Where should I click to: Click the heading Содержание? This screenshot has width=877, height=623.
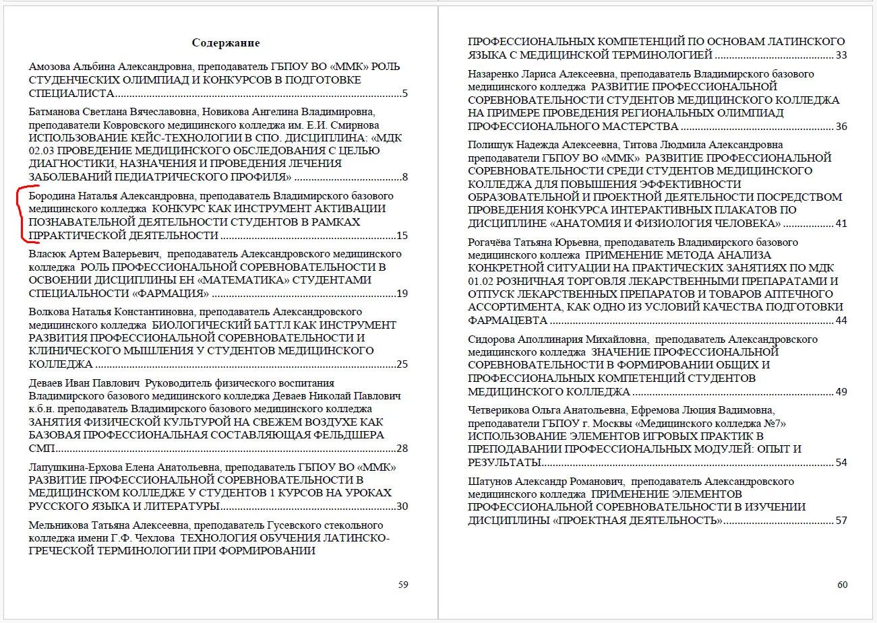(226, 43)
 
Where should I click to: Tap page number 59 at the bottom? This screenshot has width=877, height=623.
(403, 585)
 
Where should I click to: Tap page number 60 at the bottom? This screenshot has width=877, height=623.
(842, 585)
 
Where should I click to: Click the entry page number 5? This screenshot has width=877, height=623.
(404, 94)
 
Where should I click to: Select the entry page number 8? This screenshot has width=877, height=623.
(404, 178)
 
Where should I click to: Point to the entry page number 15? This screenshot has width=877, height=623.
(402, 236)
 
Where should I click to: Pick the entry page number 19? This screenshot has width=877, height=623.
(402, 294)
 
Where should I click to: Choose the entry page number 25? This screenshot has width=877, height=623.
(402, 364)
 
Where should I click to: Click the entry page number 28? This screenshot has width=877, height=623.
(402, 449)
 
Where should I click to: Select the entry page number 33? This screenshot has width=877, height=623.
(841, 55)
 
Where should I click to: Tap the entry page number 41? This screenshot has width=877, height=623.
(841, 224)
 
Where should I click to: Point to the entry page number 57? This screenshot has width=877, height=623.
(841, 521)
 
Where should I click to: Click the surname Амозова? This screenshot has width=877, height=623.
(51, 67)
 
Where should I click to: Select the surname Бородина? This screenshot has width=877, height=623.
(52, 196)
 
